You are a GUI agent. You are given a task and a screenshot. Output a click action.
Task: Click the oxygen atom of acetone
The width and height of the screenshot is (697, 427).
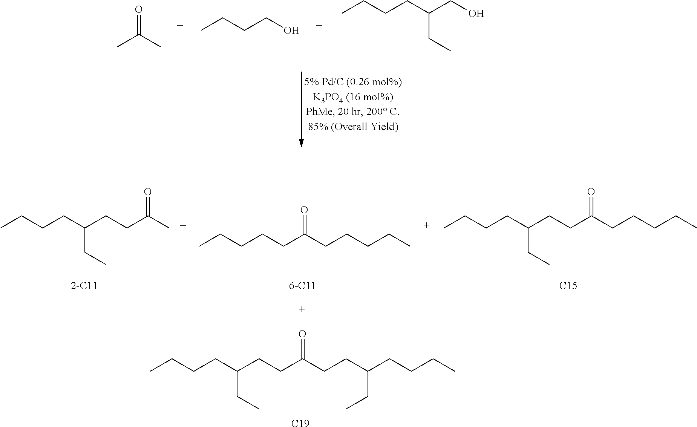point(139,9)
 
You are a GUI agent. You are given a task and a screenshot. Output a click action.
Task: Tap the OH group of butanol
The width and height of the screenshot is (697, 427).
point(291,31)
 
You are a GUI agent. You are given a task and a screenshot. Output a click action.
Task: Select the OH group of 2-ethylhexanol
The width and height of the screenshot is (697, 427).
point(476,14)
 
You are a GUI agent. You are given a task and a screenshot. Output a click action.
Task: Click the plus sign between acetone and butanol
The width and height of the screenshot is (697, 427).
point(180,26)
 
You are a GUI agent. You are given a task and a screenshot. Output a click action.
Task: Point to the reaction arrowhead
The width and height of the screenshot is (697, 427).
point(301,143)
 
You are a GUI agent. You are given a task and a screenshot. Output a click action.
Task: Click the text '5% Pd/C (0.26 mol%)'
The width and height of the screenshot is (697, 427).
point(353,82)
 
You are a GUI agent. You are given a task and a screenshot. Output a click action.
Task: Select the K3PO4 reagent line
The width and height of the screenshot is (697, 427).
point(353,97)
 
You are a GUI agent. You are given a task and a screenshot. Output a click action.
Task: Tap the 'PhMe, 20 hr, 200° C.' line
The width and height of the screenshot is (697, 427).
point(353,112)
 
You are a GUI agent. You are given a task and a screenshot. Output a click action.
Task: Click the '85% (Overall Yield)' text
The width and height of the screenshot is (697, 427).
point(353,127)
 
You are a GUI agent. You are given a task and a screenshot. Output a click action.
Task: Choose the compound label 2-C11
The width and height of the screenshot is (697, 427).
point(84,286)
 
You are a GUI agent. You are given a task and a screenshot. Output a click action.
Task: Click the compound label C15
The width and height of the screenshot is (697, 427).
point(568,286)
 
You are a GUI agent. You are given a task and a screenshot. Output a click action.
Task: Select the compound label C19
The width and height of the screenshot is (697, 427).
point(300,423)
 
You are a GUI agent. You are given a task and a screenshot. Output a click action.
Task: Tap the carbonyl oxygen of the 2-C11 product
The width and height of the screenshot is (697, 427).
point(148,192)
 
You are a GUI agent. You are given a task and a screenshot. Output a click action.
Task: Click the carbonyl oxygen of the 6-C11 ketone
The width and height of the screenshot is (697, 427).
point(304,210)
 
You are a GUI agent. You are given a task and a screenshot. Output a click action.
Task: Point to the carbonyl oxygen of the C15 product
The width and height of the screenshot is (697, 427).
point(591,192)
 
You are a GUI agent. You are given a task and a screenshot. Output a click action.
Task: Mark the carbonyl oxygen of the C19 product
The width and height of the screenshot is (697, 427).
point(302,334)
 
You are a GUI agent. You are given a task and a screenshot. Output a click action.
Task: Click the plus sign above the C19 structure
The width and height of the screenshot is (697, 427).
point(301,309)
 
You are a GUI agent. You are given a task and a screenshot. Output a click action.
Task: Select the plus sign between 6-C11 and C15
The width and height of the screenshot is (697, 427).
point(426,225)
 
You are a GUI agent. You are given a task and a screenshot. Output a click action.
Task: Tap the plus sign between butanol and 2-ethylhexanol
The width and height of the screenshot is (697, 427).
point(319,26)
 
